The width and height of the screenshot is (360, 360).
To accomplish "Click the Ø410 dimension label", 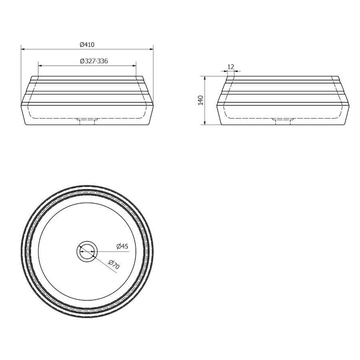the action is pyautogui.click(x=87, y=44).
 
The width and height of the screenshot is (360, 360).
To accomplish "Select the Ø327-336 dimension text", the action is pyautogui.click(x=94, y=61).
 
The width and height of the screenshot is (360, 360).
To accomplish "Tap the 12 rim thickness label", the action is pyautogui.click(x=231, y=67).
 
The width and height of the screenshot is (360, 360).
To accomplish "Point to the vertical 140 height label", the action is pyautogui.click(x=201, y=100).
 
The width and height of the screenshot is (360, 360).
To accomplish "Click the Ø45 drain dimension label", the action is pyautogui.click(x=122, y=246).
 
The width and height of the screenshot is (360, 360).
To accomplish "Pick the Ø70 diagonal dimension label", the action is pyautogui.click(x=114, y=264).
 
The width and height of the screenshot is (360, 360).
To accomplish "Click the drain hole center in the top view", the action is pyautogui.click(x=87, y=252).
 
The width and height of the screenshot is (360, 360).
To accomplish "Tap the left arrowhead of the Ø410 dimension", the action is pyautogui.click(x=23, y=49).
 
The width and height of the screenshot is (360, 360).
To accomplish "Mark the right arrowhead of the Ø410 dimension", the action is pyautogui.click(x=151, y=49).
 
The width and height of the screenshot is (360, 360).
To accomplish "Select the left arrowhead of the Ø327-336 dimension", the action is pyautogui.click(x=40, y=66).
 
